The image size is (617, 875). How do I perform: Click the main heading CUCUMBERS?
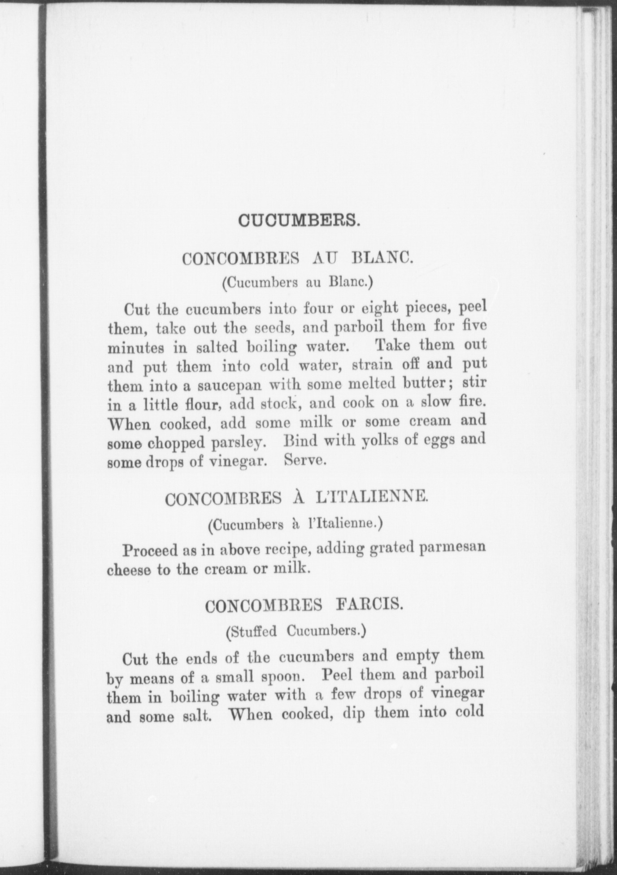coord(299,221)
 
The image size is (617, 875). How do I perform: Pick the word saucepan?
coord(230,386)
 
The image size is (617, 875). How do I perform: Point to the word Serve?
coord(304,461)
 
